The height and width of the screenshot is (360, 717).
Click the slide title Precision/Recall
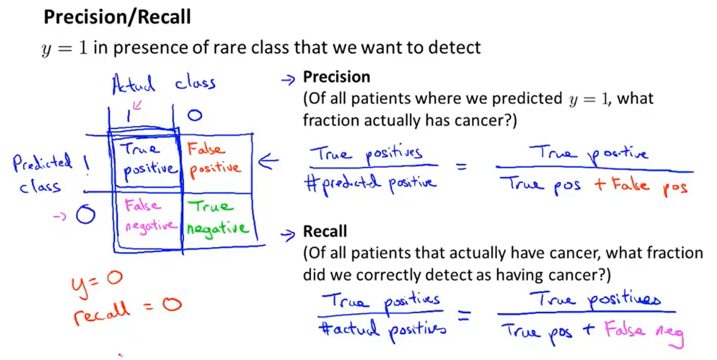[117, 18]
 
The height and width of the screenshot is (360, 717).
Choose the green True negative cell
[217, 217]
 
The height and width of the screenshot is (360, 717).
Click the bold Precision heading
[336, 77]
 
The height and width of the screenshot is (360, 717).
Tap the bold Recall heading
[325, 232]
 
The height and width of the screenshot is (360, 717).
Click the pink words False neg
[644, 332]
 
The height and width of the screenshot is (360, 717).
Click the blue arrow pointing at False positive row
[267, 162]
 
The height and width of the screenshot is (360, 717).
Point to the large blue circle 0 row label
[85, 216]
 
